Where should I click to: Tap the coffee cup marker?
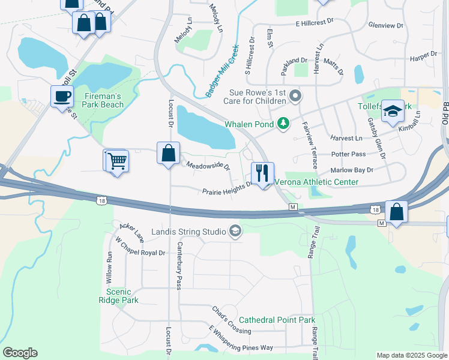pyautogui.click(x=62, y=96)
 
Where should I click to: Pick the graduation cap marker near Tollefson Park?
pyautogui.click(x=393, y=111)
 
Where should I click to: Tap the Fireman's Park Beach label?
pyautogui.click(x=104, y=100)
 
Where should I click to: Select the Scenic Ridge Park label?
pyautogui.click(x=118, y=296)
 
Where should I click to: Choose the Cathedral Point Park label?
pyautogui.click(x=277, y=320)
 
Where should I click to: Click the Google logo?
pyautogui.click(x=20, y=353)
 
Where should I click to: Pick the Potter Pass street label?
pyautogui.click(x=348, y=154)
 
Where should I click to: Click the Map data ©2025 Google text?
pyautogui.click(x=411, y=355)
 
